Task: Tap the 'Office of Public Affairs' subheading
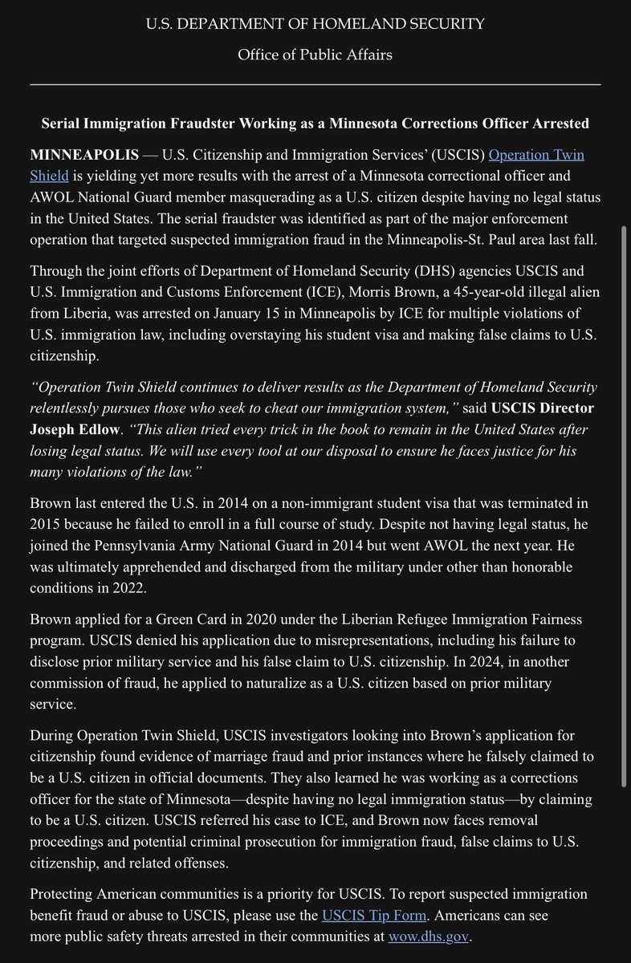315,55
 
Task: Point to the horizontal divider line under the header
315,84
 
